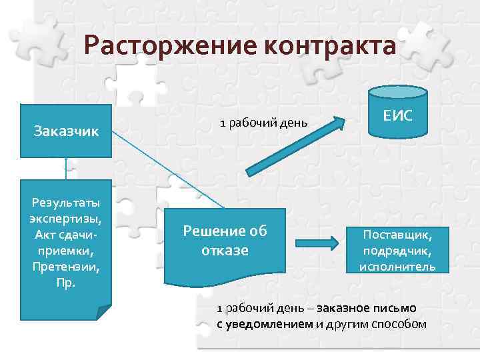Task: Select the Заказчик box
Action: [66, 131]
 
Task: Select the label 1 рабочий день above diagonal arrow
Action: [264, 123]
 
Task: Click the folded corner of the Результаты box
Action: [103, 313]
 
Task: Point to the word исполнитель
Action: [397, 267]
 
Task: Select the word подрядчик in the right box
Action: [397, 251]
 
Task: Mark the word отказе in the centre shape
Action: [225, 251]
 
